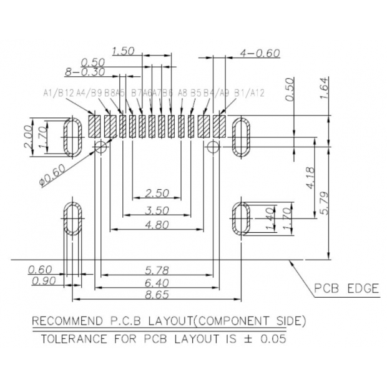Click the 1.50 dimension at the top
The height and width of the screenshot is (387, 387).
coord(124,52)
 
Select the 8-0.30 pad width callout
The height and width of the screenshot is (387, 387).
coord(84,72)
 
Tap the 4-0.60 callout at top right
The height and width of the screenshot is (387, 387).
coord(260,54)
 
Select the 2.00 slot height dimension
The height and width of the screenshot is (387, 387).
coord(27,137)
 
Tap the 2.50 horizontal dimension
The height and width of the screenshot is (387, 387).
coord(156,192)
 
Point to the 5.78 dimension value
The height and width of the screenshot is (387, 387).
coord(156,270)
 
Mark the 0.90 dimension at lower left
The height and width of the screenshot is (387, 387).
coord(42,281)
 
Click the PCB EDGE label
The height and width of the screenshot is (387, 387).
coord(346,288)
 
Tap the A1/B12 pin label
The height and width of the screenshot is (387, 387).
coord(58,93)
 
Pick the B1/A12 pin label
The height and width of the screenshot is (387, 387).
coord(249,93)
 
